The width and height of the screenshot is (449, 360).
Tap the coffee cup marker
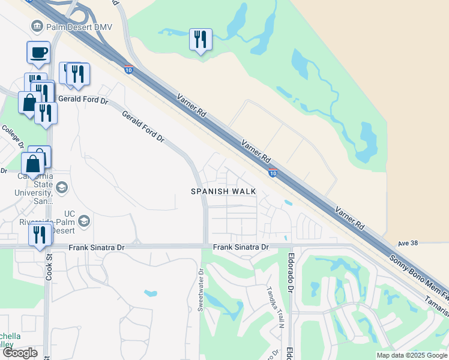coord(38,52)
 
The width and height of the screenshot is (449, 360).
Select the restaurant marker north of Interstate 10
coord(200,40)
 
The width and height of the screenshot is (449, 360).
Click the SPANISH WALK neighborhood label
coord(223,191)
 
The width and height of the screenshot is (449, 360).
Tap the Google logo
coord(19,353)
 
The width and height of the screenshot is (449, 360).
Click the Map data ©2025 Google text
coord(412,355)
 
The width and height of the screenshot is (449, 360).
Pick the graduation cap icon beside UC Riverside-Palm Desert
coord(83,221)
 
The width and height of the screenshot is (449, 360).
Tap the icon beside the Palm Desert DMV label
coord(37,26)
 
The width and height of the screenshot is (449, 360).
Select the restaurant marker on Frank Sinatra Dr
coord(40,235)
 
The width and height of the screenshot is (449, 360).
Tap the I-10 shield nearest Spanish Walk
coord(273,173)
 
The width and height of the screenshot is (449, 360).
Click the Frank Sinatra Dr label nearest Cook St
coord(96,247)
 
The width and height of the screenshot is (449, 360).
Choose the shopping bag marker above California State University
coord(32,163)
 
